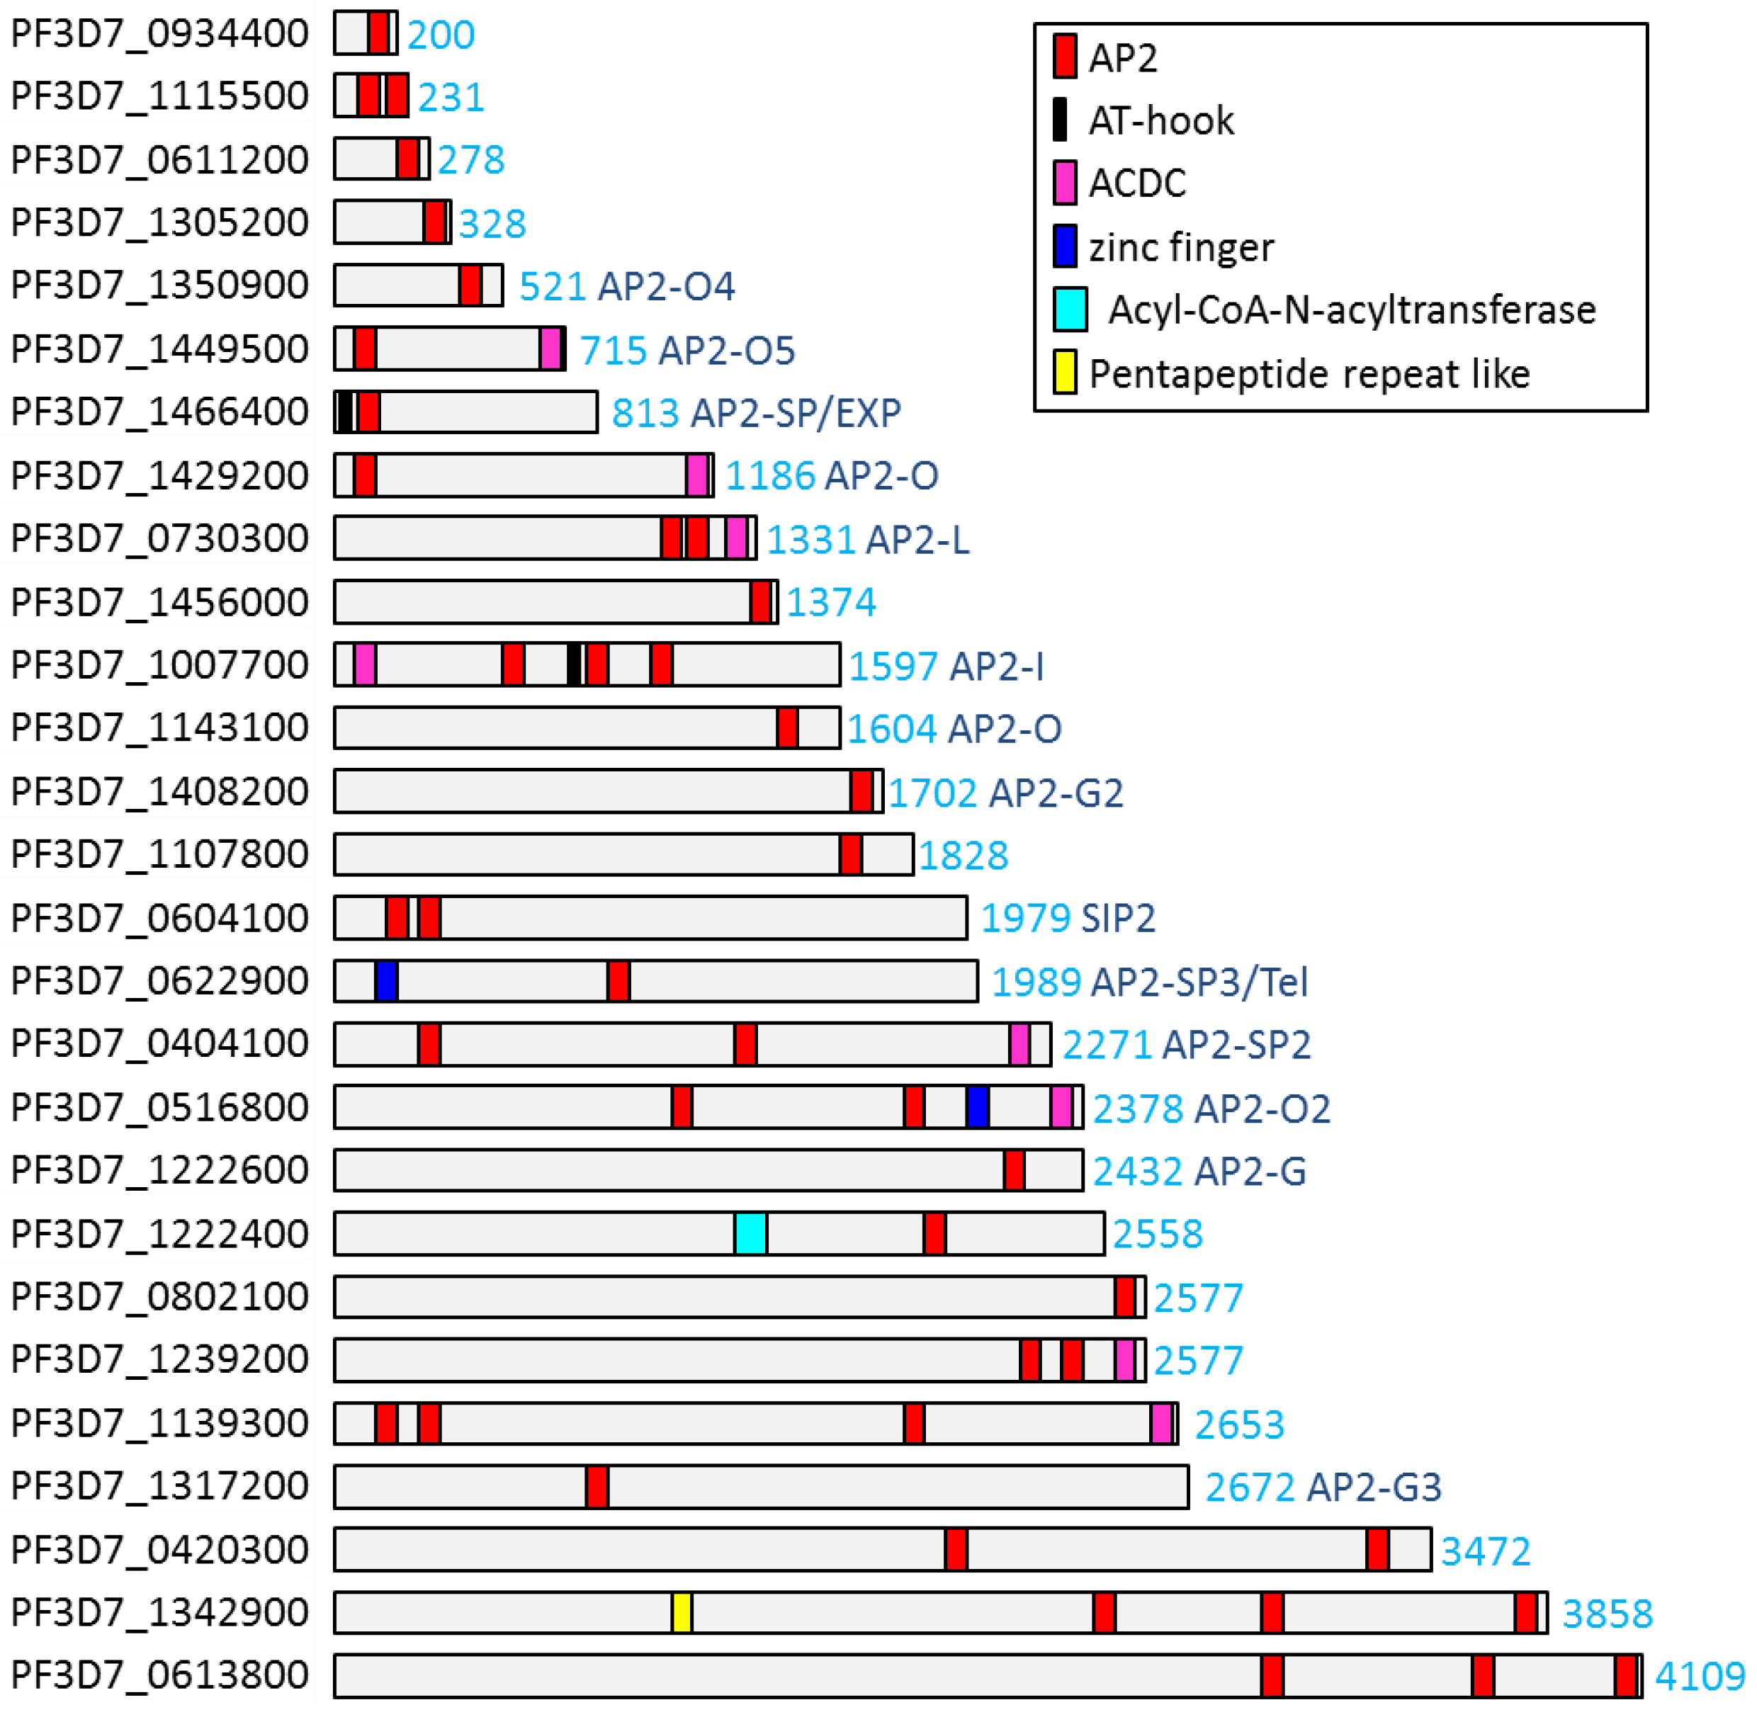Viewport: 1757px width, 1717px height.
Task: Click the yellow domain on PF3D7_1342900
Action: point(682,1612)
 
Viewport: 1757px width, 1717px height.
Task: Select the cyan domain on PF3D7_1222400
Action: point(750,1232)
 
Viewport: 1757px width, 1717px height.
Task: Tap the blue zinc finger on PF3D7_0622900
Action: point(386,980)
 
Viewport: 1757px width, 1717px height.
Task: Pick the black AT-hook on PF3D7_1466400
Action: point(344,412)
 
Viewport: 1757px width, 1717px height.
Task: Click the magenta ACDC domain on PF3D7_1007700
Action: point(364,664)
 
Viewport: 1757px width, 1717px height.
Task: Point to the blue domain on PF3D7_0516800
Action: point(977,1106)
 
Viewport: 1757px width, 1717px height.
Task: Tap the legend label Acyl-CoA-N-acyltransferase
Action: point(1351,310)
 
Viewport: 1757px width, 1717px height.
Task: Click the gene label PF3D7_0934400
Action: point(159,33)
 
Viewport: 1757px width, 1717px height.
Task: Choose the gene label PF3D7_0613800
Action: point(159,1674)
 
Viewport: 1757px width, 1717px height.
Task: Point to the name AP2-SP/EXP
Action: point(796,413)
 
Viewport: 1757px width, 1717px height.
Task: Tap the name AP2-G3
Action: point(1374,1487)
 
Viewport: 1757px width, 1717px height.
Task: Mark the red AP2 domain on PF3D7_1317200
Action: point(597,1486)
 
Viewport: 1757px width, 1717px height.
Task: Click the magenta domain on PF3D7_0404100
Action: point(1019,1043)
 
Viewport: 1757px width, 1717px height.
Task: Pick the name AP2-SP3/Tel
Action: point(1199,981)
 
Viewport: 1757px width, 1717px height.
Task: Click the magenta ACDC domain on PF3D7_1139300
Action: point(1162,1423)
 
